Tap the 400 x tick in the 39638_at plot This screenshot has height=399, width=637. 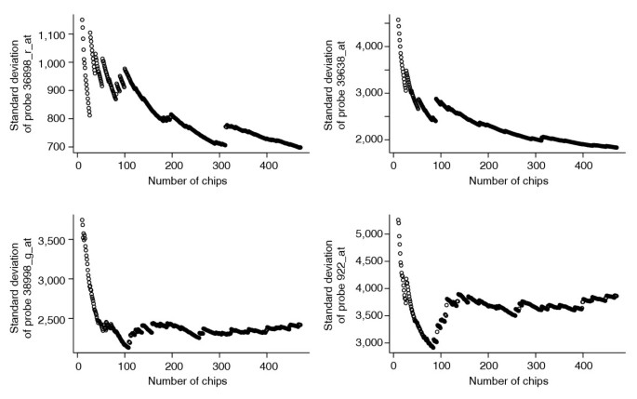[583, 166]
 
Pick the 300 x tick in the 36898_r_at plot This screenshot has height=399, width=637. [219, 166]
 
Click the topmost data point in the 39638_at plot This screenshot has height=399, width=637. [398, 20]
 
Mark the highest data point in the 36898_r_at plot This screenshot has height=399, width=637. [82, 20]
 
